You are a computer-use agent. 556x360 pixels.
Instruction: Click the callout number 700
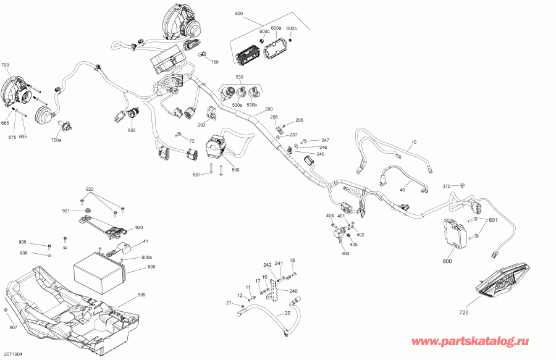(x=5, y=65)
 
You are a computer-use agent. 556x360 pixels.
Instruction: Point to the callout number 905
(x=141, y=295)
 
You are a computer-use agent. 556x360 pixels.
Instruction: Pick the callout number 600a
(x=276, y=28)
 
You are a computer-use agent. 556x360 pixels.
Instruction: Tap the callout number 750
(x=215, y=62)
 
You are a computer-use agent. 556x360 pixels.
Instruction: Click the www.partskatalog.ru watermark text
(x=470, y=341)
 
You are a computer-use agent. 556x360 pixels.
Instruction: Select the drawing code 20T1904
(x=13, y=354)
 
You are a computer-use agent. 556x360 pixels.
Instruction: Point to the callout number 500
(x=235, y=170)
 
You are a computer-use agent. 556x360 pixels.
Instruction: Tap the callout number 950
(x=132, y=130)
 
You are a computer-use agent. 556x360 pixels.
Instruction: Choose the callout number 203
(x=201, y=125)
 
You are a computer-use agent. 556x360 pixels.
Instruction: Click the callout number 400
(x=345, y=253)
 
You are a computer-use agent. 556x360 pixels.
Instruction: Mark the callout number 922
(x=90, y=188)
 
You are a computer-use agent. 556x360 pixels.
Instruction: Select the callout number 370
(x=447, y=186)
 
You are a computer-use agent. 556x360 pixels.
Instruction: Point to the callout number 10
(x=414, y=142)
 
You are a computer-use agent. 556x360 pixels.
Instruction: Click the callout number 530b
(x=252, y=105)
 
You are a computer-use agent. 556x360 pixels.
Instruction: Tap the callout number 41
(x=145, y=241)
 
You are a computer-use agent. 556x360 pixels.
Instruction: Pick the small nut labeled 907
(x=6, y=311)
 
